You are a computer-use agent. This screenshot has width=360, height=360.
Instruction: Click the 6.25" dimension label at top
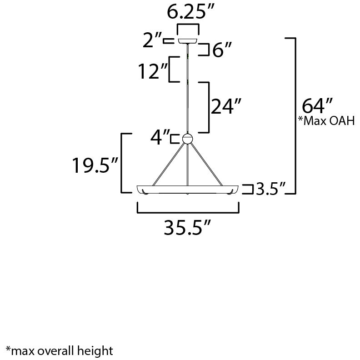point(188,12)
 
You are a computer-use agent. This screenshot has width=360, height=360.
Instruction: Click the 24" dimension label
point(225,108)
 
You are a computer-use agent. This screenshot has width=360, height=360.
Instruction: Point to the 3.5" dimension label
point(270,189)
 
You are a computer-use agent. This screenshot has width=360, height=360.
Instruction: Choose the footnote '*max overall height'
point(59,350)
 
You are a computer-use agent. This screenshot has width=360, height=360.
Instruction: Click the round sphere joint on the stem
point(187,139)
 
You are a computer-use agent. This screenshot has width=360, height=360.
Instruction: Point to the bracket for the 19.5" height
point(122,163)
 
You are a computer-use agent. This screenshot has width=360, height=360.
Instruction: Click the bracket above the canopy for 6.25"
point(188,25)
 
